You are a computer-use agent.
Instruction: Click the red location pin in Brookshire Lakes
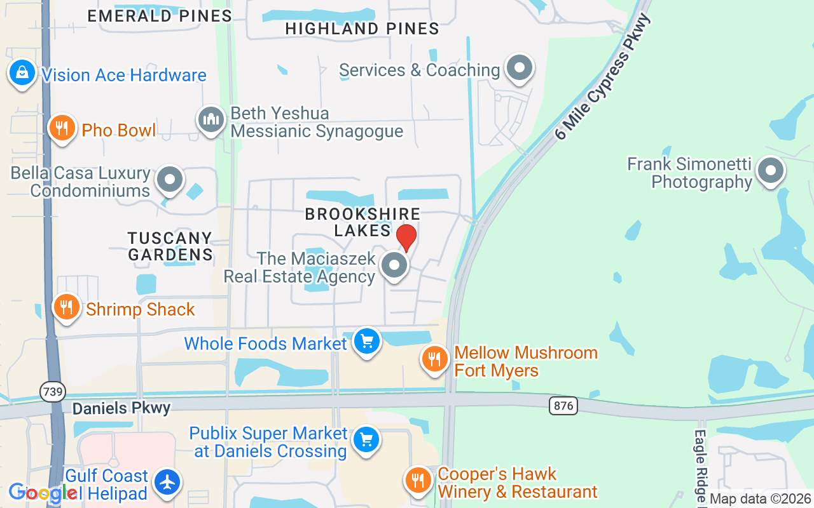406,237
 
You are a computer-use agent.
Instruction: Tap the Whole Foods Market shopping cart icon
366,342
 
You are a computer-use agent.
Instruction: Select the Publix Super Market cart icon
366,439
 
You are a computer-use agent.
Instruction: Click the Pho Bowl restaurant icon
62,129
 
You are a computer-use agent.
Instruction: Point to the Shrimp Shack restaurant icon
66,308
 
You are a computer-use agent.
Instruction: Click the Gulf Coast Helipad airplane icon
167,482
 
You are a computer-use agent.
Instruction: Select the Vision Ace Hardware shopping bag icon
22,73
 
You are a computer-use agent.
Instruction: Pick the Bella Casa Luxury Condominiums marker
170,180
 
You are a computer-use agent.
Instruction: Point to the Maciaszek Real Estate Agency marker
394,265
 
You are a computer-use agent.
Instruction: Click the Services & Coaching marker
520,67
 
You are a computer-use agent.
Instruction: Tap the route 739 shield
53,392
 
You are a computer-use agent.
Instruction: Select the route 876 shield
563,405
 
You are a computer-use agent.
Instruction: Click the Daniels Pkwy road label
121,408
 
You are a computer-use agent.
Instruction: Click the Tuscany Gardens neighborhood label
170,246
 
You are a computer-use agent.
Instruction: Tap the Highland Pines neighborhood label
362,29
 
